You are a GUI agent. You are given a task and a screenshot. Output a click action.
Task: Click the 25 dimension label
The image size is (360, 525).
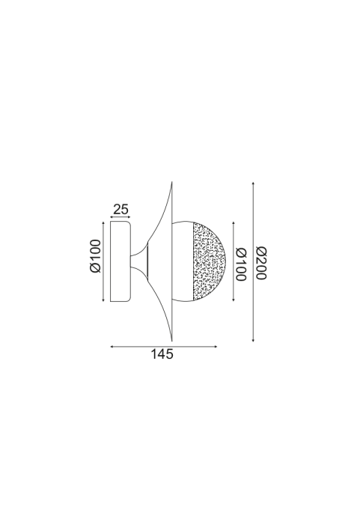click(x=120, y=209)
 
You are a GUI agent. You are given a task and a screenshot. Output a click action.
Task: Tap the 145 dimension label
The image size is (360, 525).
click(x=162, y=354)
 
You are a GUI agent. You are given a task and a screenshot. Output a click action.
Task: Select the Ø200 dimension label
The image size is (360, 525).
click(x=261, y=263)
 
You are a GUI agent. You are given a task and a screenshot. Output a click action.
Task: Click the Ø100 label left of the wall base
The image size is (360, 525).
click(x=95, y=256)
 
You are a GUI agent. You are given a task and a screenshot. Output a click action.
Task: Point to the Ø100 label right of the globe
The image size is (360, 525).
click(x=241, y=264)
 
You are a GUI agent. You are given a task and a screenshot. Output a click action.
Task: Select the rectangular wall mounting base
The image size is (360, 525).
click(x=120, y=261)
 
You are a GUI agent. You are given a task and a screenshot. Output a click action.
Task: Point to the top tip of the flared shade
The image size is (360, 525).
click(x=172, y=182)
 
